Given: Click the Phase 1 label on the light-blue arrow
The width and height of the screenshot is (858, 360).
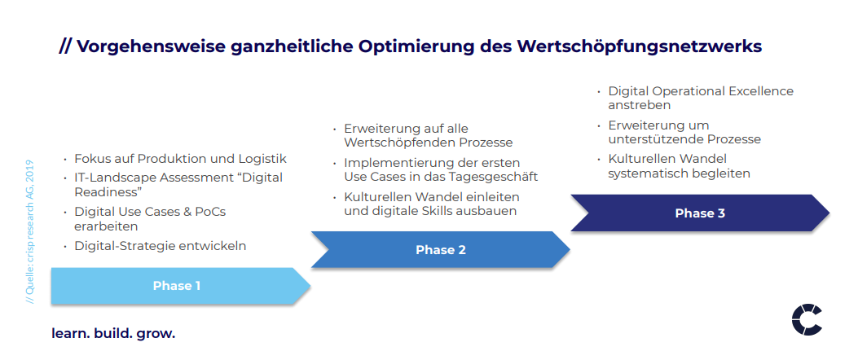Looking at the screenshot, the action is click(177, 286).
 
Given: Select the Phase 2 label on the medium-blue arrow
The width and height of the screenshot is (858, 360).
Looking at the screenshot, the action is click(441, 250).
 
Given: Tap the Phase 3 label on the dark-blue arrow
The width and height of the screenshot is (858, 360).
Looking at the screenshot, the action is click(700, 213).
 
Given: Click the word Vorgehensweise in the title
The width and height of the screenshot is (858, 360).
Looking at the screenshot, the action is click(151, 47).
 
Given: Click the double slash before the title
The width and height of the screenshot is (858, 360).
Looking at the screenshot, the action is click(65, 46).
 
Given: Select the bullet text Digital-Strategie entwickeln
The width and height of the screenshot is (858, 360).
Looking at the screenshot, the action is click(161, 246).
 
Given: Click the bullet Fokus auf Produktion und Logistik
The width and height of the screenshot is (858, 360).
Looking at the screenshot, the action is click(181, 159).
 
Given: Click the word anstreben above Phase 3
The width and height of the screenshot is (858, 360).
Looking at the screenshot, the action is click(639, 105).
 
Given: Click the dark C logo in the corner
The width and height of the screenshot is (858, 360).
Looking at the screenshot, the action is click(807, 321).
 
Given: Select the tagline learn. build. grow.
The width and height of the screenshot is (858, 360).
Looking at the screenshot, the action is click(113, 334).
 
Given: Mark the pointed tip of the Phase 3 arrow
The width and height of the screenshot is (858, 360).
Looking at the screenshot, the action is click(829, 213).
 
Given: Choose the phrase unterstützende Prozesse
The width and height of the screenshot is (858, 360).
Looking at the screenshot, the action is click(684, 139).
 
